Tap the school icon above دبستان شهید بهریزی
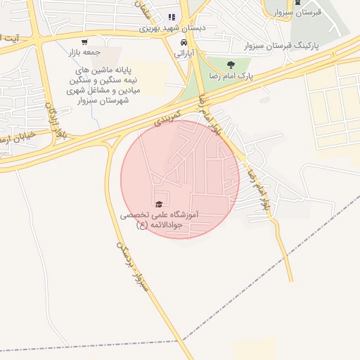pos(171,18)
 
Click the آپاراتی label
pos(181,53)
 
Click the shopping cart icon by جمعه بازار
pos(85,41)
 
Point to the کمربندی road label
pos(169,117)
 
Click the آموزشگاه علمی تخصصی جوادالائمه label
pos(160,217)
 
